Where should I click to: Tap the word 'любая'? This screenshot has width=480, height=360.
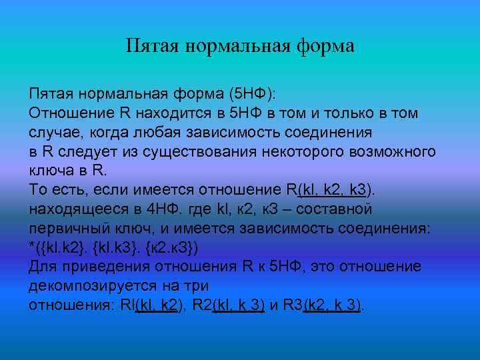(x=164, y=132)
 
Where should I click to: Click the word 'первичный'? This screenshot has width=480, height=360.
(x=66, y=229)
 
